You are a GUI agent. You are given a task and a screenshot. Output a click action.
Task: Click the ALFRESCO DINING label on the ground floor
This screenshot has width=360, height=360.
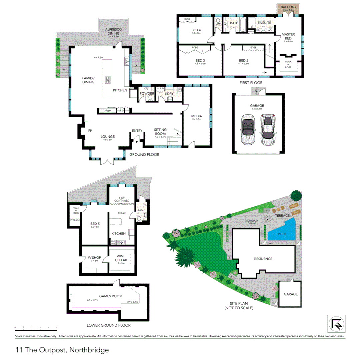[113, 32]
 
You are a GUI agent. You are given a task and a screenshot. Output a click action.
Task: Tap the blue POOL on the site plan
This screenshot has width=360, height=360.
[282, 234]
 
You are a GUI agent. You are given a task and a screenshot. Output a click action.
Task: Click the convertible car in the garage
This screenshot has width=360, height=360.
[248, 129]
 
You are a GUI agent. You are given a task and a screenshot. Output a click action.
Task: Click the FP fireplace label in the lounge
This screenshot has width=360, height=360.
[90, 131]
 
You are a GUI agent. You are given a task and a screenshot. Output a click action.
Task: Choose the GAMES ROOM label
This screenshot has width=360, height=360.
[111, 296]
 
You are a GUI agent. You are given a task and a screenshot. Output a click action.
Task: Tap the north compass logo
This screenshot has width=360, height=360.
[336, 324]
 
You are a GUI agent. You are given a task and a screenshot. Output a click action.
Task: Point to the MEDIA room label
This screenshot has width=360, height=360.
[197, 116]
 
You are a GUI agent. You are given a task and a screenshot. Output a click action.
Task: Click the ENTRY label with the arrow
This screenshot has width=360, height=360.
[137, 131]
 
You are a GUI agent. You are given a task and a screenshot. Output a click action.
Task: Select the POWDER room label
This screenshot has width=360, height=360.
[147, 94]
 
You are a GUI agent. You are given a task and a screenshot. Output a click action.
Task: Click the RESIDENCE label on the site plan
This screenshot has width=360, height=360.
[263, 259]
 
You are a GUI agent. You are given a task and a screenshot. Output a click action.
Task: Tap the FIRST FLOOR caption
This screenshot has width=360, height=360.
[251, 82]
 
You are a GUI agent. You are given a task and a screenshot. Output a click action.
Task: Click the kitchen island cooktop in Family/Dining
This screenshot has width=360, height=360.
[108, 79]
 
